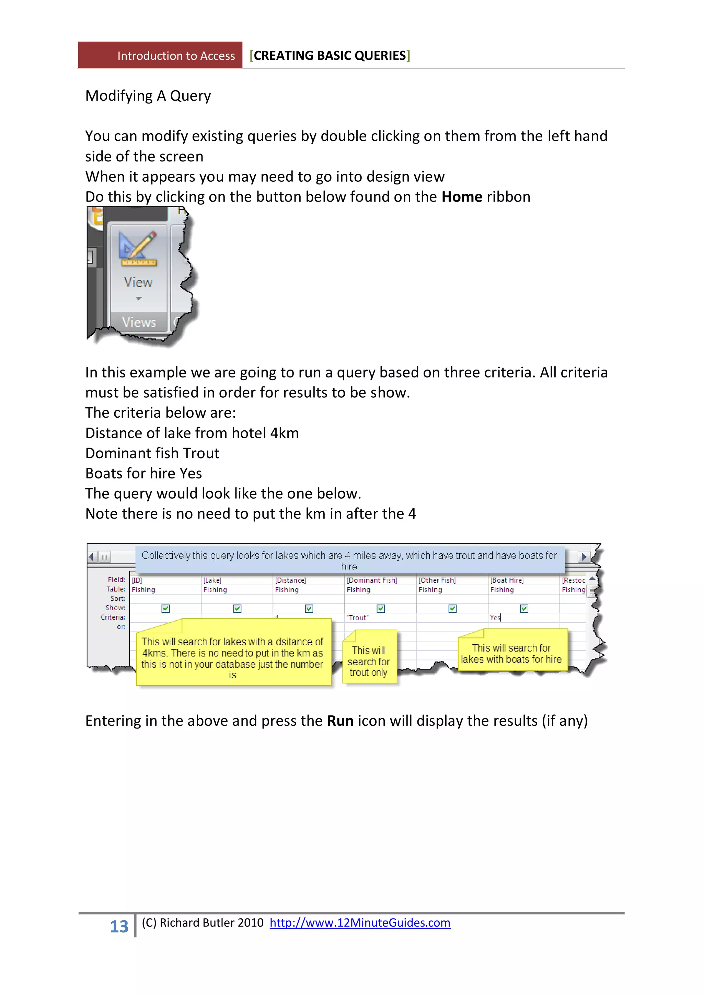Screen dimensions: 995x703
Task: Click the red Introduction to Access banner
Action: click(160, 55)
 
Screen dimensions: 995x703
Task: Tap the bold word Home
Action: click(461, 197)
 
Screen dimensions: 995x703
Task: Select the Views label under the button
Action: click(139, 323)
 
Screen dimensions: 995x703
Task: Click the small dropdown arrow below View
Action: click(139, 298)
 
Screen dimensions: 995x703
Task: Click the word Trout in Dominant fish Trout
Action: click(201, 453)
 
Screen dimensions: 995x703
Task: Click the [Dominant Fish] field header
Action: click(372, 580)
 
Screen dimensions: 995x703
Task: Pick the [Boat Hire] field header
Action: click(507, 580)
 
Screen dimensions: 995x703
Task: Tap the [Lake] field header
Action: click(212, 580)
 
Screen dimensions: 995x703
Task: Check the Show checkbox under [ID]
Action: click(165, 609)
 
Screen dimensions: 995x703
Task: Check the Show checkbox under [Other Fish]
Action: click(452, 609)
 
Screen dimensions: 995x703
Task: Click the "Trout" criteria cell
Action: click(358, 618)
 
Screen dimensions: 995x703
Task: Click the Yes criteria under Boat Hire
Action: click(495, 618)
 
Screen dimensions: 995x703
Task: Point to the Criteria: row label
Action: click(113, 617)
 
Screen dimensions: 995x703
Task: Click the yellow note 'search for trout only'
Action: click(369, 661)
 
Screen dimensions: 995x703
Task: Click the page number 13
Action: click(119, 927)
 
